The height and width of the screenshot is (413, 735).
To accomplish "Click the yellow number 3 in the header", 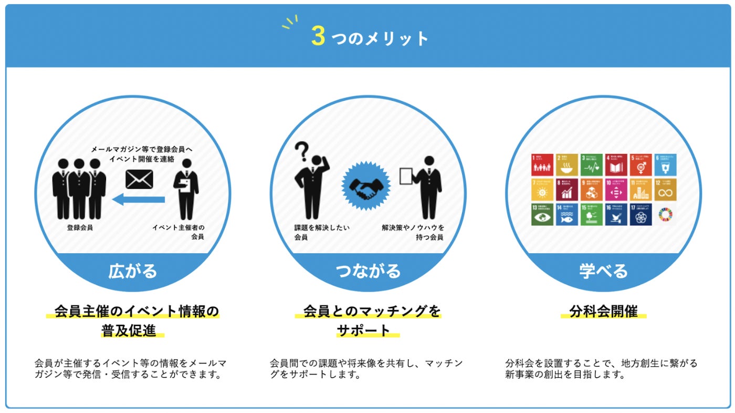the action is pyautogui.click(x=318, y=37).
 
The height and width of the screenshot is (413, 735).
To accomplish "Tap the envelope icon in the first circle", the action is pyautogui.click(x=139, y=179).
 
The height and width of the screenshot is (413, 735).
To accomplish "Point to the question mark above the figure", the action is pyautogui.click(x=300, y=151).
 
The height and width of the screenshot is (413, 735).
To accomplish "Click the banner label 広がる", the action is pyautogui.click(x=132, y=271).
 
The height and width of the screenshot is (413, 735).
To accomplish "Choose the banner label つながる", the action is pyautogui.click(x=367, y=271).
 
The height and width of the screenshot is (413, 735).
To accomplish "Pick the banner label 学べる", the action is pyautogui.click(x=603, y=271).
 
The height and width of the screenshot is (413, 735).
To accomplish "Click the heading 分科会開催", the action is pyautogui.click(x=603, y=311).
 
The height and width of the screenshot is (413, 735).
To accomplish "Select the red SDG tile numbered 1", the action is pyautogui.click(x=542, y=164).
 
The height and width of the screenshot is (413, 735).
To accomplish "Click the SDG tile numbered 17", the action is pyautogui.click(x=641, y=214).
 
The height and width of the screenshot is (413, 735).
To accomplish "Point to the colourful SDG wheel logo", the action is pyautogui.click(x=665, y=214).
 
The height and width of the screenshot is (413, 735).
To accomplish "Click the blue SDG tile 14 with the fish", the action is pyautogui.click(x=567, y=214).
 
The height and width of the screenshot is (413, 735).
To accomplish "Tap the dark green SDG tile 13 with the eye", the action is pyautogui.click(x=542, y=214).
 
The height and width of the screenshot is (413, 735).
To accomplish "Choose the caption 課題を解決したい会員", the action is pyautogui.click(x=321, y=232).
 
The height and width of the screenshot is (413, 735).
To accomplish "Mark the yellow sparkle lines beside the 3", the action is pyautogui.click(x=290, y=22).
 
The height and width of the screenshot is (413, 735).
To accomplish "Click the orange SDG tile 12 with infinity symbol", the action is pyautogui.click(x=665, y=189).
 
